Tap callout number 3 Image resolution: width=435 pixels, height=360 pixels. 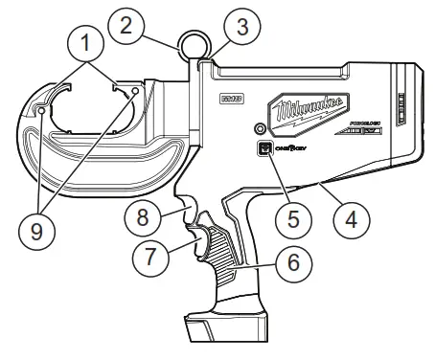(245, 28)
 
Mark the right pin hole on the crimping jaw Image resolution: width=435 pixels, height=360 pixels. (136, 104)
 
